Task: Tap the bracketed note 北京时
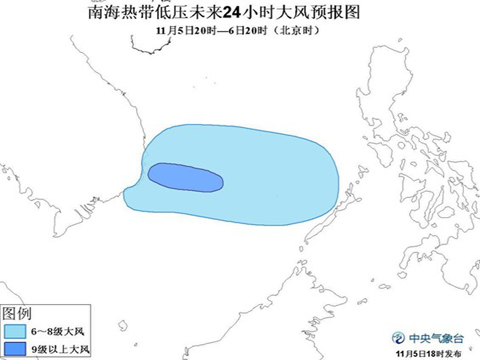(290, 31)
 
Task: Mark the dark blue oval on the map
(185, 177)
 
